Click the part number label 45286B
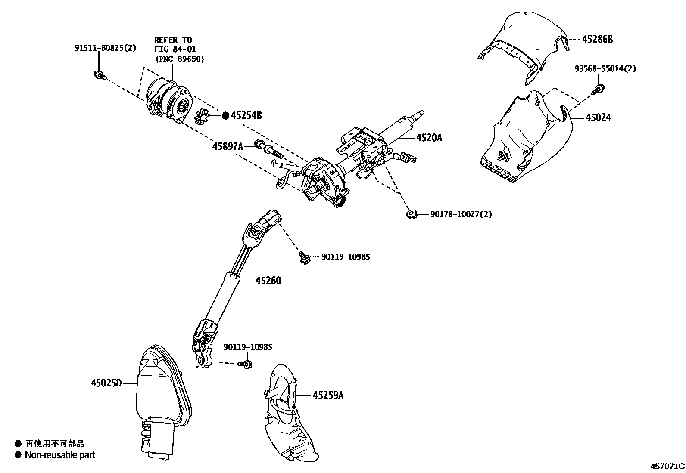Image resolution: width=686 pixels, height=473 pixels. tap(597, 40)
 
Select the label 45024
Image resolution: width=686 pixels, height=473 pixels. tap(598, 117)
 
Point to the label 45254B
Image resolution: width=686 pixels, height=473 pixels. tap(246, 115)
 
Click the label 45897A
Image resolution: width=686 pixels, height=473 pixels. tap(228, 146)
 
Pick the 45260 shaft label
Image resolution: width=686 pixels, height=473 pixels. tap(268, 281)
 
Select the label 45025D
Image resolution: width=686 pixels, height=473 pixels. tap(106, 383)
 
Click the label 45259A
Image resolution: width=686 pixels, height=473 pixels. tap(328, 395)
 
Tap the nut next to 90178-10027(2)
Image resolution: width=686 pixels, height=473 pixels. tap(411, 214)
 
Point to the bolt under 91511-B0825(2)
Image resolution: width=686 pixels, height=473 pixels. tap(99, 75)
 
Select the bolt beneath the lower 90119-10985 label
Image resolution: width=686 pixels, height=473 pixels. tap(246, 364)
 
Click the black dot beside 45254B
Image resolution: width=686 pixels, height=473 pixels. tap(225, 115)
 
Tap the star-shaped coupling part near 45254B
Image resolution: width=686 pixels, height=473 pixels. tap(202, 117)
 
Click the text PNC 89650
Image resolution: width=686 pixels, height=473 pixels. tap(179, 59)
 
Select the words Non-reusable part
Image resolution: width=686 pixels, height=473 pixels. tap(59, 455)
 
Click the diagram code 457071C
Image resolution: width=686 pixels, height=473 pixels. tap(667, 466)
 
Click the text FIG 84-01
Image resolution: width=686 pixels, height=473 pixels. tap(175, 49)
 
